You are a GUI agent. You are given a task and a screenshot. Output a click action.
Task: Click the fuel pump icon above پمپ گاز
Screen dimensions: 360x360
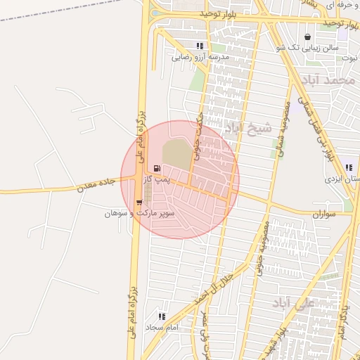[156, 169]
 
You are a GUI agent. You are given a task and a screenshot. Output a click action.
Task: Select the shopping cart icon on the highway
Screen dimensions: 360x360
[139, 202]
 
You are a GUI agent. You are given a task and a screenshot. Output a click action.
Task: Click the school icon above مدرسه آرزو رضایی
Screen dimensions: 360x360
[200, 46]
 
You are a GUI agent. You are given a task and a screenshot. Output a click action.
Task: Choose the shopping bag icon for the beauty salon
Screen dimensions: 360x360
[307, 37]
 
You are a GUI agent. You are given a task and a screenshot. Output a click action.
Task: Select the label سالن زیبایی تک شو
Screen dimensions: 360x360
[308, 48]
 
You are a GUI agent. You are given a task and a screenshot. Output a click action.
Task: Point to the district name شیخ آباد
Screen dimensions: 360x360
[247, 129]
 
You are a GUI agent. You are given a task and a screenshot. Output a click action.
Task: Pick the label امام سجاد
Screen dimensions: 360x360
[162, 328]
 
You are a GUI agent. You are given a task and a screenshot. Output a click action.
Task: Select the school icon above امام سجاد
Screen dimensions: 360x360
[162, 316]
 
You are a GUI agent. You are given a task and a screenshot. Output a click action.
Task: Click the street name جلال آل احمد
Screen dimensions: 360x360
[219, 282]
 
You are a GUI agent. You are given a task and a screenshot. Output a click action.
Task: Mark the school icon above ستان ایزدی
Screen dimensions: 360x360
[349, 168]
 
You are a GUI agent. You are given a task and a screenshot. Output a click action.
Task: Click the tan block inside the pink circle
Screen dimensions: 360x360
[176, 155]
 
